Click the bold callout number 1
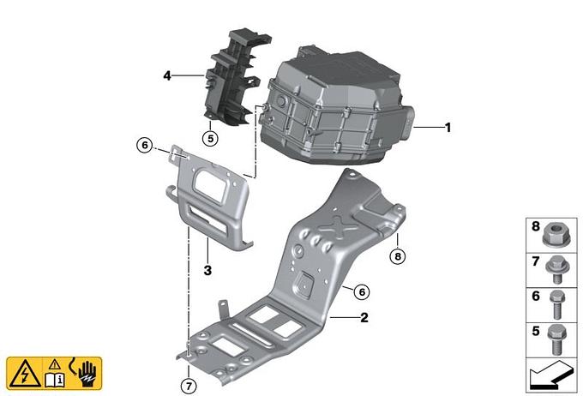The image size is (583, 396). [x=447, y=128]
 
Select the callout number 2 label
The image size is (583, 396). [x=364, y=317]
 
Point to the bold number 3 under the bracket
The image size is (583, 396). [x=207, y=270]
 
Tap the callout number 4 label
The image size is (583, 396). [x=167, y=76]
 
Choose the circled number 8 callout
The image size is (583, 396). [x=396, y=255]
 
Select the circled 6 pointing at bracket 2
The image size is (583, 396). [x=362, y=292]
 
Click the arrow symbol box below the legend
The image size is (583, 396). [x=548, y=375]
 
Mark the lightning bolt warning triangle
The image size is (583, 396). [x=22, y=373]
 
